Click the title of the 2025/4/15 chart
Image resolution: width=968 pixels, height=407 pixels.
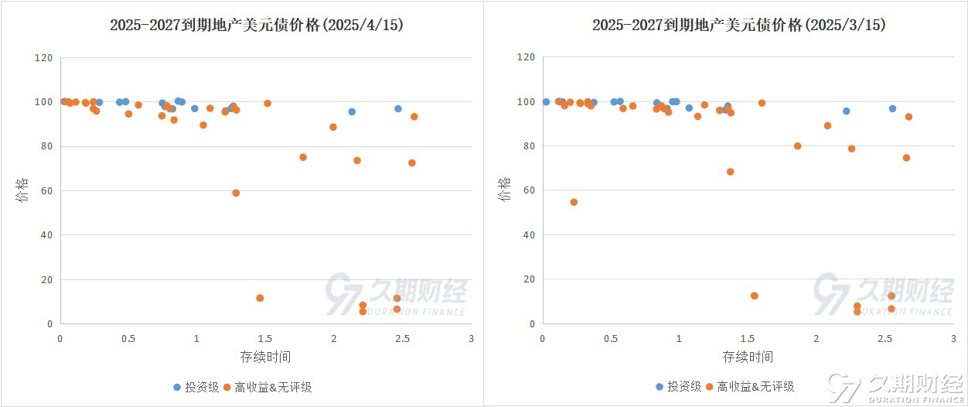pyautogui.click(x=257, y=26)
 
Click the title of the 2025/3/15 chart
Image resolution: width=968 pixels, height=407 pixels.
pyautogui.click(x=739, y=26)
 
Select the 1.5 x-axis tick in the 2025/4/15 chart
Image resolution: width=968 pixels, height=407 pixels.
pyautogui.click(x=265, y=338)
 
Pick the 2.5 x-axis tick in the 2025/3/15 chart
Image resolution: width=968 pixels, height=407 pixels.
pyautogui.click(x=884, y=338)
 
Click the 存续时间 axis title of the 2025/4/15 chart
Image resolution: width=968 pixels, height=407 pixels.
pyautogui.click(x=265, y=357)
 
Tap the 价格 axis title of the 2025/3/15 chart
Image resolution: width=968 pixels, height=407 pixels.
pyautogui.click(x=505, y=190)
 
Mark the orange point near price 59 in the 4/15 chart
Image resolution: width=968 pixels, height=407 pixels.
pyautogui.click(x=236, y=193)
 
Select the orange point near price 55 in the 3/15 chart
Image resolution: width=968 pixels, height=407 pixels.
pyautogui.click(x=574, y=202)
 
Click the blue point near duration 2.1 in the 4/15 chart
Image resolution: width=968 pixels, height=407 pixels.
pyautogui.click(x=352, y=111)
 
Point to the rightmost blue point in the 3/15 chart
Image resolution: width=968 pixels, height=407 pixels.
pyautogui.click(x=892, y=108)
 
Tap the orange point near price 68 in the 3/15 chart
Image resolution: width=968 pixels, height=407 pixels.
pyautogui.click(x=730, y=172)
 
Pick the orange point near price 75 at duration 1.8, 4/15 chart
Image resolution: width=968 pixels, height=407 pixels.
pyautogui.click(x=303, y=157)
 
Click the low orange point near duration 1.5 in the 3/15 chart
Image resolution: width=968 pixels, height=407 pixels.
pyautogui.click(x=755, y=296)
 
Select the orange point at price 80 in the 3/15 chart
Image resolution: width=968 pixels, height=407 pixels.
pyautogui.click(x=797, y=145)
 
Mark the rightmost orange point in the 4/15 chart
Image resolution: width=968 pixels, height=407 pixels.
pyautogui.click(x=414, y=117)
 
